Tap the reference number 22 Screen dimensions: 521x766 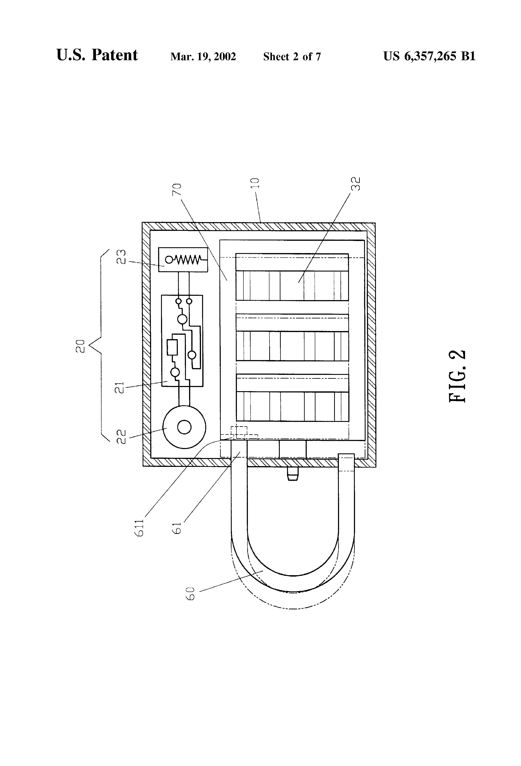[x=121, y=437]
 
